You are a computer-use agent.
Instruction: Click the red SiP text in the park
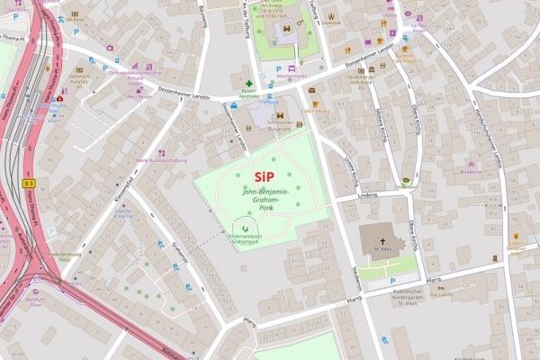tap(264, 176)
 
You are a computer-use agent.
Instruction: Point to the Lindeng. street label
tap(366, 194)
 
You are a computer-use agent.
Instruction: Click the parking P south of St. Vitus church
tap(384, 340)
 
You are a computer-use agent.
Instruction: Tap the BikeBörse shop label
tap(471, 171)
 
